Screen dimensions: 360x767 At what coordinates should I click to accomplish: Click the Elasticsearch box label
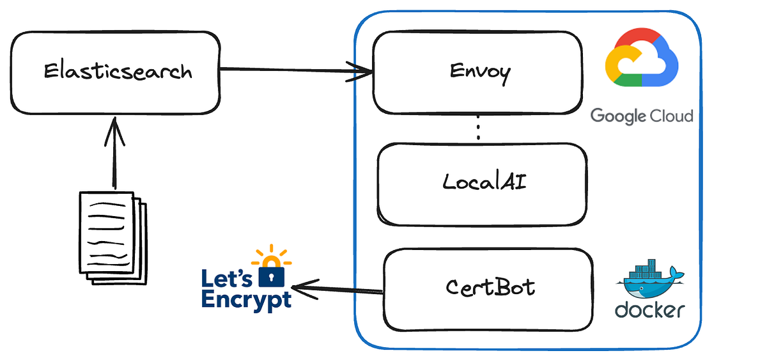(118, 70)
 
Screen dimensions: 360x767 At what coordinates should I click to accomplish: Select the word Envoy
(480, 72)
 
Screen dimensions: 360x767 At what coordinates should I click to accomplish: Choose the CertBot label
(490, 286)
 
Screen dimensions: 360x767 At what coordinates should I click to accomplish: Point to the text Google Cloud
(641, 116)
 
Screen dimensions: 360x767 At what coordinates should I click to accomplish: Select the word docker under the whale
(649, 309)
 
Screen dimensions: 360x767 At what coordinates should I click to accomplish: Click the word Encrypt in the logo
(246, 299)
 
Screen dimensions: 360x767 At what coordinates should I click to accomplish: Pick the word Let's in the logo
(228, 278)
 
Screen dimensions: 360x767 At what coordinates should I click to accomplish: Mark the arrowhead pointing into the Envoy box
(364, 72)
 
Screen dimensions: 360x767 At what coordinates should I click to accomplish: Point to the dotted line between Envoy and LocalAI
(478, 130)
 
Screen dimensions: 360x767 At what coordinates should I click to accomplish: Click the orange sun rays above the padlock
(272, 256)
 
